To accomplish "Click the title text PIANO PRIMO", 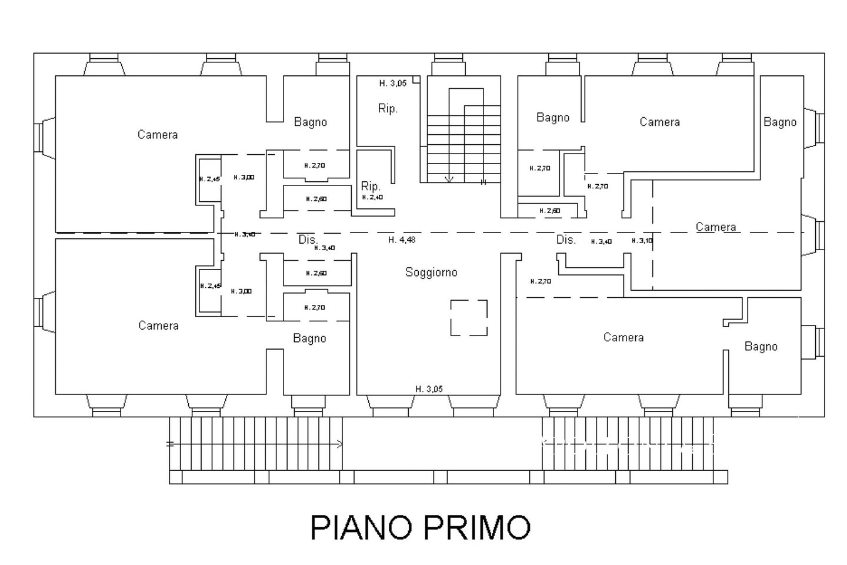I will (420, 527).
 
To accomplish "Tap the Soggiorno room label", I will (431, 272).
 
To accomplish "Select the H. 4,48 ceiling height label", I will (402, 240).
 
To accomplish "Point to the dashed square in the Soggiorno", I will (469, 318).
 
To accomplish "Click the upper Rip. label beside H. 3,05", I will (388, 109).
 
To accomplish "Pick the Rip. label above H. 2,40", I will (371, 187).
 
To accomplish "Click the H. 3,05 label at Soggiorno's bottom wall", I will (429, 389).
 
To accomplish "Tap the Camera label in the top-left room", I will (158, 135).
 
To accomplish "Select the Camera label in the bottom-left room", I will (158, 325).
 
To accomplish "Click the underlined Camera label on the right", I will (716, 227).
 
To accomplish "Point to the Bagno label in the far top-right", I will (780, 122).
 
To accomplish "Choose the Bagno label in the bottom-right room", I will (761, 347).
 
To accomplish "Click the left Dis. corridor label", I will (308, 240).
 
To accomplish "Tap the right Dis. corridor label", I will (566, 240).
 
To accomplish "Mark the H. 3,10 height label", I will (642, 241).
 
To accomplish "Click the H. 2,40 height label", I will (373, 198).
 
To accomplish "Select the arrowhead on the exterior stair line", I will (339, 444).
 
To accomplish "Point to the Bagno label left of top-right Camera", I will (553, 118).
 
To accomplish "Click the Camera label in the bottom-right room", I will (623, 337).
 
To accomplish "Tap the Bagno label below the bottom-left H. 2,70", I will (309, 338).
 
